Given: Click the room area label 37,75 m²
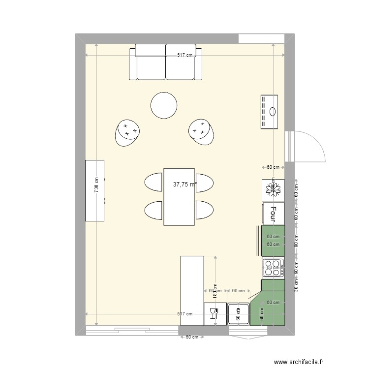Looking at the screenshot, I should [x=185, y=185].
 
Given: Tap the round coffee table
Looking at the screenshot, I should [x=164, y=105].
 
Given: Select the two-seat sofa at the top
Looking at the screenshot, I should [x=165, y=62].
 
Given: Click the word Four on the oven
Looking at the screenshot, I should [x=274, y=214].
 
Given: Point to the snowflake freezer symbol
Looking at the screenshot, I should [x=273, y=188].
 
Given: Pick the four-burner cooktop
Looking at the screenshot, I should [x=274, y=267].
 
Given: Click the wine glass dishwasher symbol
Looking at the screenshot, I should [x=214, y=313].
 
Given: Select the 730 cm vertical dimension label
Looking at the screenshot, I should [x=96, y=185].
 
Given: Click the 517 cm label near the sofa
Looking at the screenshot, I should [x=185, y=56].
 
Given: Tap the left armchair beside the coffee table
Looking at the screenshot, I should [x=127, y=133].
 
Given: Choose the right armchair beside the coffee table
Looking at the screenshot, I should [x=201, y=132].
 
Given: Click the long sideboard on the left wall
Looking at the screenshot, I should [x=95, y=190].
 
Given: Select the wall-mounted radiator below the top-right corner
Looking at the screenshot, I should [x=270, y=112].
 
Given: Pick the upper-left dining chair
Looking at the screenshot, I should [x=154, y=182].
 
